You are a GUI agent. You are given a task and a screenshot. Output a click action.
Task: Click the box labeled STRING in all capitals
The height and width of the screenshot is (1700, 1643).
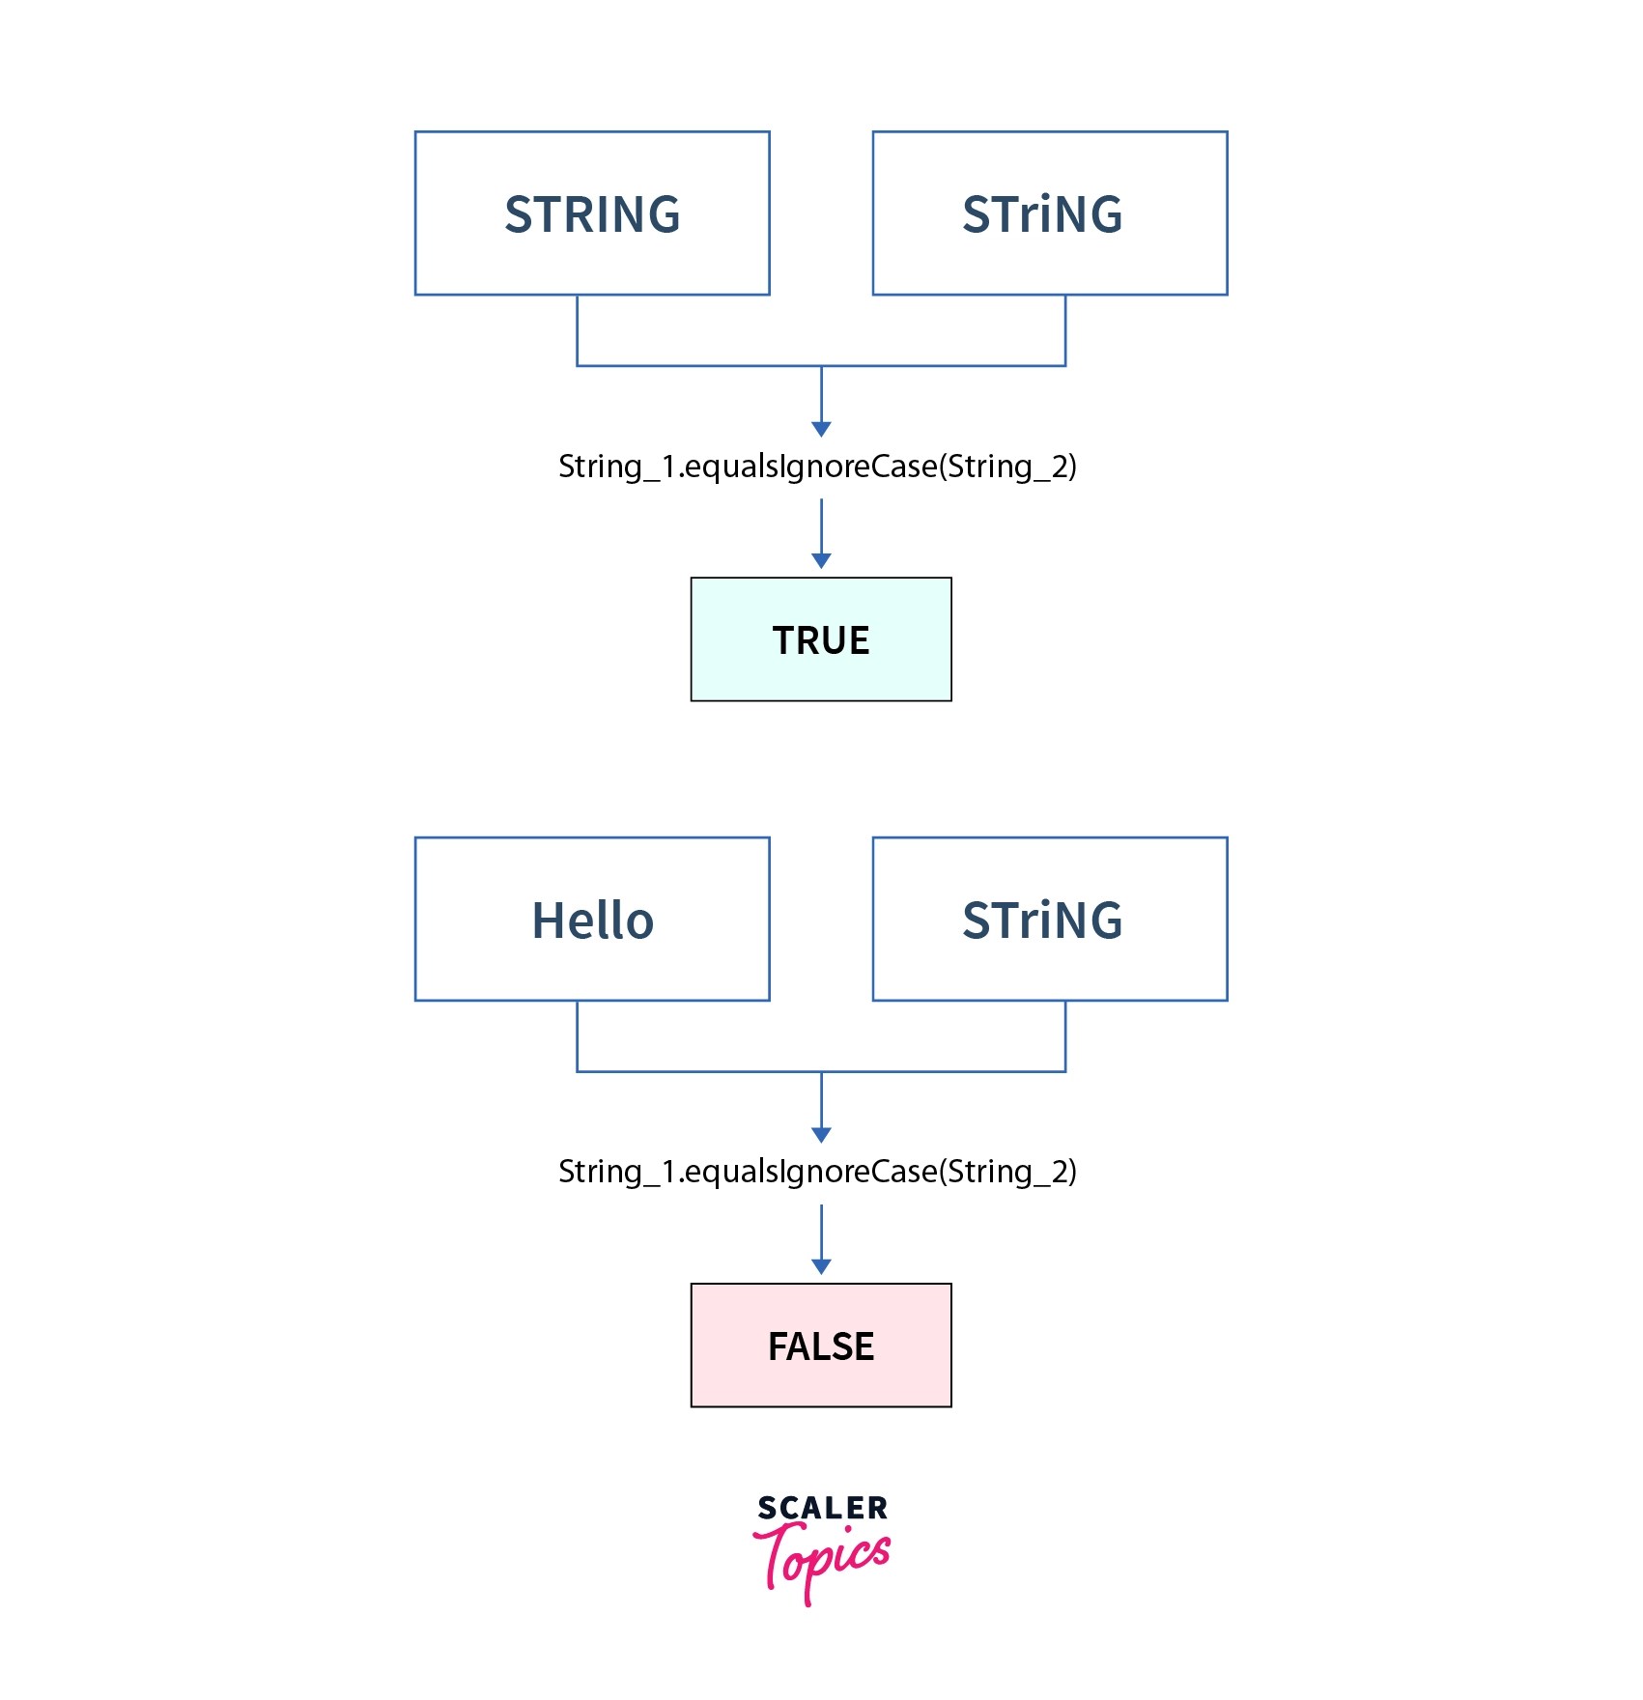pos(591,213)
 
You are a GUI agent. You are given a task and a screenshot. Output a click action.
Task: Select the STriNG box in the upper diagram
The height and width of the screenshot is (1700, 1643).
pos(1049,213)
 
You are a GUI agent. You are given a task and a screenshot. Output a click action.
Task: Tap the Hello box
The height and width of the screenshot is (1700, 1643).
pos(591,919)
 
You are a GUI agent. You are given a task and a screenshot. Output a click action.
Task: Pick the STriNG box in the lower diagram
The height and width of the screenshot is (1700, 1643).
pos(1049,919)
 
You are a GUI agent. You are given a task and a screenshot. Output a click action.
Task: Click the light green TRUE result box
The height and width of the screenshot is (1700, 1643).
pos(820,639)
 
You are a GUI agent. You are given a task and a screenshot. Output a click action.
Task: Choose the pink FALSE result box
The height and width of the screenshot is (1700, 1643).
pos(820,1345)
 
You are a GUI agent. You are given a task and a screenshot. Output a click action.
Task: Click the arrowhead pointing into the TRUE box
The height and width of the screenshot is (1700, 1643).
pos(821,561)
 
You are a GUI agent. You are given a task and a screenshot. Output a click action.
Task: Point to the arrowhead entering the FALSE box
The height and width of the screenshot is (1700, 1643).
pos(821,1266)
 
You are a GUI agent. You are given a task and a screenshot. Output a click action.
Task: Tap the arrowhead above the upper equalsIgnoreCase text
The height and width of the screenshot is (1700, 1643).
pos(821,429)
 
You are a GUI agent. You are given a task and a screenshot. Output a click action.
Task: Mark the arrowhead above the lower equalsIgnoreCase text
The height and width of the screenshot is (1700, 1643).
pos(821,1135)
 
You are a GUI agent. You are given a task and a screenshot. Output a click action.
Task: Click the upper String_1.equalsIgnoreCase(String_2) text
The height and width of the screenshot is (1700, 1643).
pos(817,467)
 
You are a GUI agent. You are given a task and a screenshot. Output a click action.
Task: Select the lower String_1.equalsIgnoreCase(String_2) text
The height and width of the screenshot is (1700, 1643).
pos(817,1172)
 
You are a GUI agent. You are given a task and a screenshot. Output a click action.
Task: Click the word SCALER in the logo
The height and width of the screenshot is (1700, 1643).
pos(822,1508)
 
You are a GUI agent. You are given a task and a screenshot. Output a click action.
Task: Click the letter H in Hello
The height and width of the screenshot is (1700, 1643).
pos(547,921)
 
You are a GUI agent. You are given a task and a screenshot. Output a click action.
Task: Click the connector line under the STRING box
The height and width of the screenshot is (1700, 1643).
pos(577,330)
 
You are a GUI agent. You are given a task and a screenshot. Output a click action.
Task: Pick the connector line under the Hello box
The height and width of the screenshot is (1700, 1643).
pos(577,1035)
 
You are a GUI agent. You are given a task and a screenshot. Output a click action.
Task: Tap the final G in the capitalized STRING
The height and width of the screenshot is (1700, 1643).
pos(662,214)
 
